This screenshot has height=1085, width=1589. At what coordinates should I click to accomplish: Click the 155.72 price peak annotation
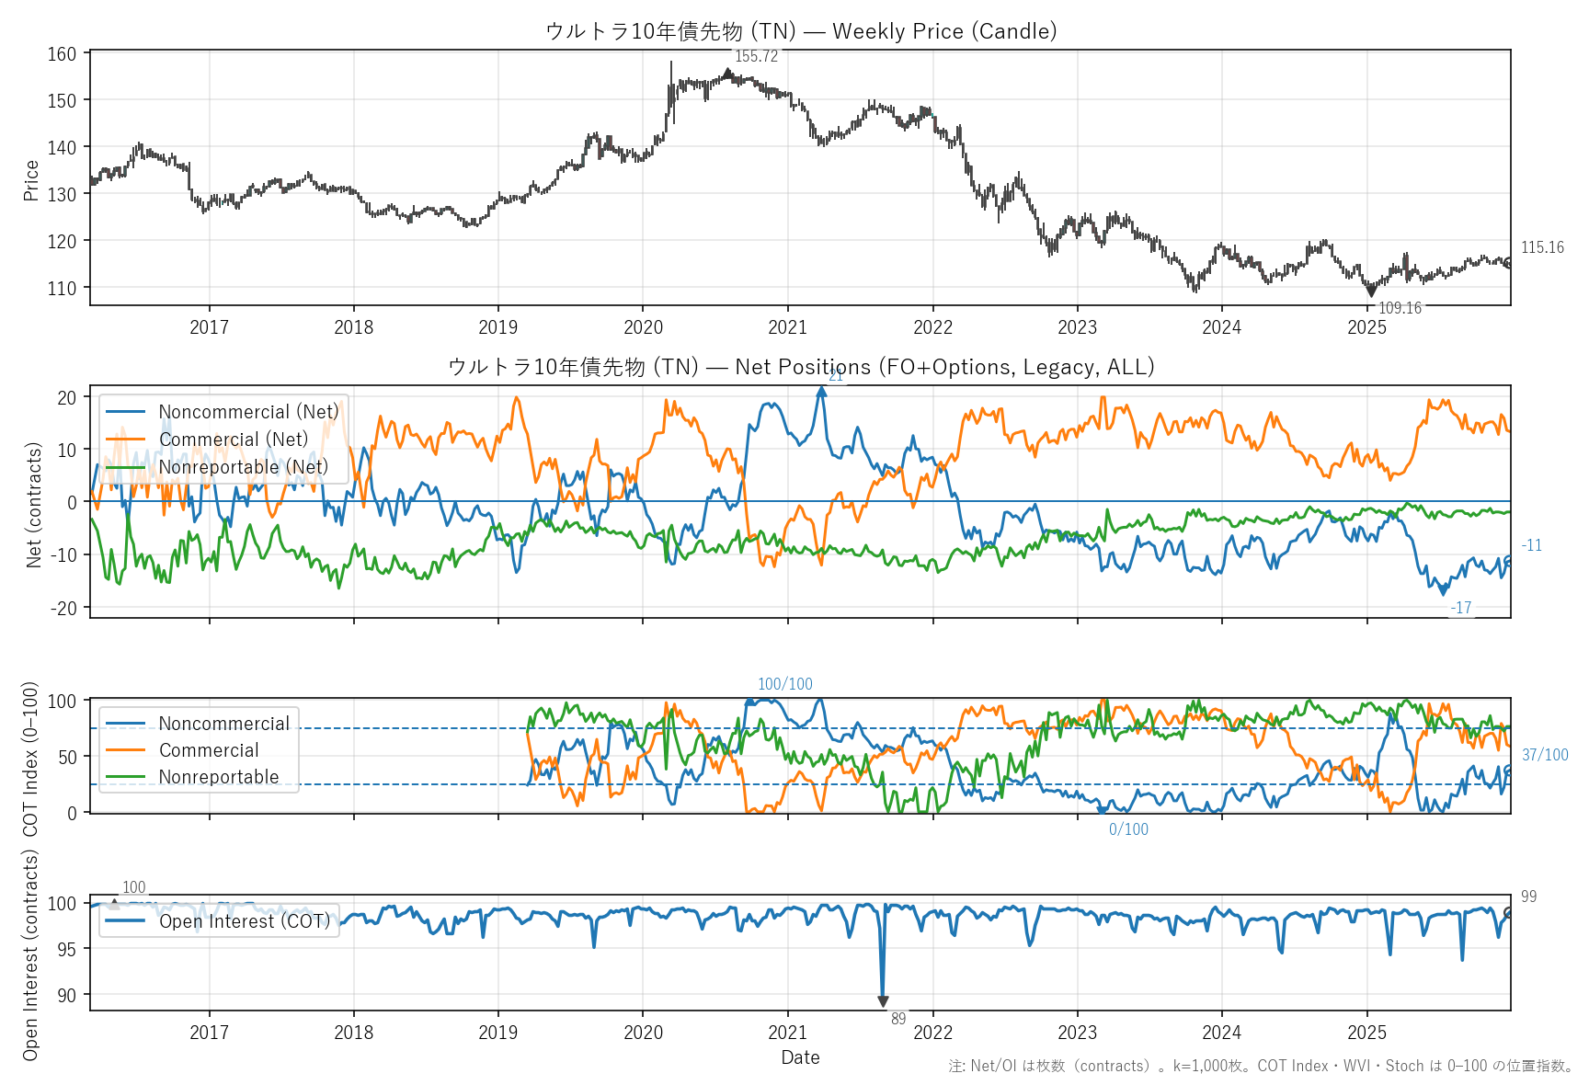(756, 56)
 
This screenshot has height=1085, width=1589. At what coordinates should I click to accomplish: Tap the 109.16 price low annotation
(1400, 308)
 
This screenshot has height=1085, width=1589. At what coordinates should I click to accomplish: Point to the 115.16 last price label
(1542, 247)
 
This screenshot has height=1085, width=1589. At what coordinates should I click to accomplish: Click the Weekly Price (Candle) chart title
(800, 31)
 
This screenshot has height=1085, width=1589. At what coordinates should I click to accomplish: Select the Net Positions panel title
(800, 367)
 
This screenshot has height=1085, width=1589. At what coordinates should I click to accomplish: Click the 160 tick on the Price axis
(63, 54)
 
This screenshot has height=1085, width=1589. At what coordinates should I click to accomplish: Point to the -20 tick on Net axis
(66, 608)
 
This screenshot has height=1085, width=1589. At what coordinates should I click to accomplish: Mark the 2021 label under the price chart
(787, 327)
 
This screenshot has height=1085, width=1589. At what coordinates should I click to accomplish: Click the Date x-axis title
(800, 1057)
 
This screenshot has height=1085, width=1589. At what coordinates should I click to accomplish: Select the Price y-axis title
(31, 179)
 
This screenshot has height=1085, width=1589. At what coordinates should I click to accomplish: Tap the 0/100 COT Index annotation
(1128, 829)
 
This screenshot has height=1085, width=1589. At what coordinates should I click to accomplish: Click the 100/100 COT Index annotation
(784, 684)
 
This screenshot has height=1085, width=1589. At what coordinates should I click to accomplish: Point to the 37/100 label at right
(1545, 755)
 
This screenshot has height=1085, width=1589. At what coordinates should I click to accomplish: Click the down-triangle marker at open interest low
(883, 1001)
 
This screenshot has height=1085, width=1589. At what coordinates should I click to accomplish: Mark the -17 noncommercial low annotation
(1461, 608)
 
